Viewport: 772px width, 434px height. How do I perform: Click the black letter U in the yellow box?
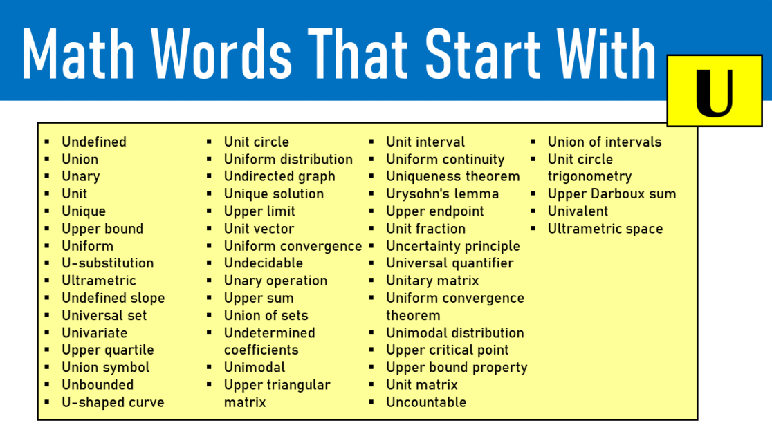tap(714, 91)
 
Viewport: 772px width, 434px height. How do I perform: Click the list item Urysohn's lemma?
tap(442, 194)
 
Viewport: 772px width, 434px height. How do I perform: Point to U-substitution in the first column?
tap(107, 263)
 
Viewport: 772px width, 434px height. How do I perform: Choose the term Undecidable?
tap(263, 263)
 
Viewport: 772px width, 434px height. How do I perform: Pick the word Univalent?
tap(578, 211)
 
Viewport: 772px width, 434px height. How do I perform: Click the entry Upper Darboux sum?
tap(612, 194)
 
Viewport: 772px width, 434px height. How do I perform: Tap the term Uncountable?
tap(426, 402)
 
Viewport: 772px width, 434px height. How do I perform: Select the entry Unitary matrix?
tap(432, 281)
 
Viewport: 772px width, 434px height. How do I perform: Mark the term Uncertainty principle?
tap(452, 246)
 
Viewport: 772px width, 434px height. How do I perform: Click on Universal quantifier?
tap(450, 263)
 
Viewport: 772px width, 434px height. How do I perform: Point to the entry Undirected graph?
tap(279, 177)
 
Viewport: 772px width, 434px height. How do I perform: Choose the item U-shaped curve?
tap(113, 402)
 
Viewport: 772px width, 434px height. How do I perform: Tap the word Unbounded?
tap(98, 385)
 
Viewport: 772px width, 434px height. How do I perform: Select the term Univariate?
tap(95, 333)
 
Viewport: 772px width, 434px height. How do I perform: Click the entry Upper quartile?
tap(108, 350)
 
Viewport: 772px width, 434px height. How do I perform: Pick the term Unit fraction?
tap(425, 229)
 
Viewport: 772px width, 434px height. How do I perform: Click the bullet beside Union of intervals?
tap(534, 142)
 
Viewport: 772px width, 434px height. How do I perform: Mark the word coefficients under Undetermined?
tap(261, 350)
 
